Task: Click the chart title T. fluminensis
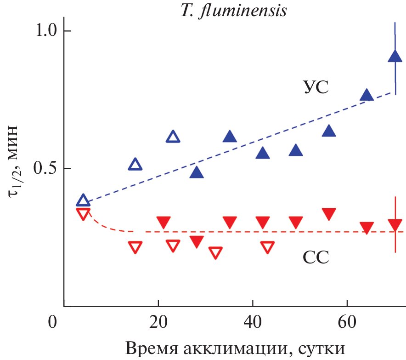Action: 233,10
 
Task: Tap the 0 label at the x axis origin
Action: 54,321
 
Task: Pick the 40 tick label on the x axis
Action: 253,321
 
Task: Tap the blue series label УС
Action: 316,87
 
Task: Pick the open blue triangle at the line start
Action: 83,200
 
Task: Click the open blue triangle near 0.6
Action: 173,137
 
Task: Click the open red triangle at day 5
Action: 83,214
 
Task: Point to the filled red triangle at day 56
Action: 329,214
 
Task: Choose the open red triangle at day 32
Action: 215,252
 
